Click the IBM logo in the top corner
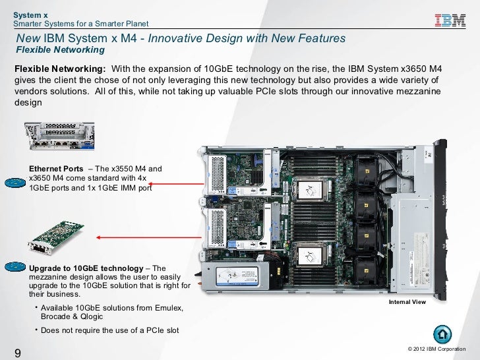coord(450,20)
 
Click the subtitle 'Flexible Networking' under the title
coord(61,50)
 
